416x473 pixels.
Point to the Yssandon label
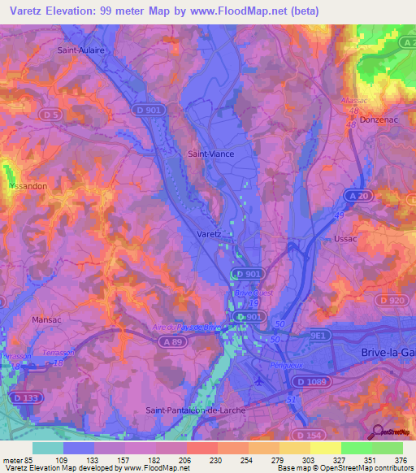[x=25, y=184]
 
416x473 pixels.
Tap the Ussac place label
[x=346, y=239]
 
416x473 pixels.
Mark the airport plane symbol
[x=258, y=380]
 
